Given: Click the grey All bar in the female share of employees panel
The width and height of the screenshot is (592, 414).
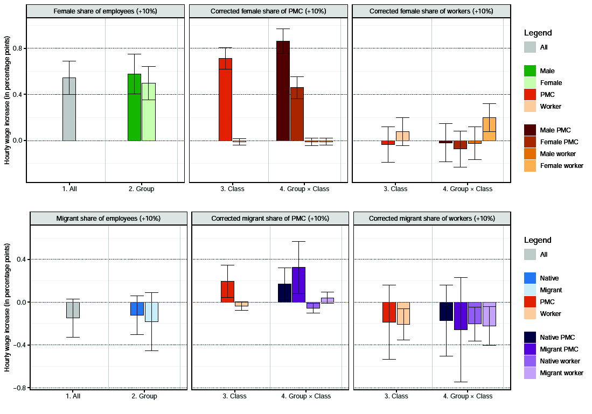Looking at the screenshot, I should tap(69, 109).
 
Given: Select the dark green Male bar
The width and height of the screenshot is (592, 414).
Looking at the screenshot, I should tap(134, 107).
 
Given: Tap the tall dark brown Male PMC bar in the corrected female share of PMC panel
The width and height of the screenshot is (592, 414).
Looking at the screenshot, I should tap(283, 91).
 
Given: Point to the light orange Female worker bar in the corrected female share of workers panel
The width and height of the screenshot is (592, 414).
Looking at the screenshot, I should tap(489, 129).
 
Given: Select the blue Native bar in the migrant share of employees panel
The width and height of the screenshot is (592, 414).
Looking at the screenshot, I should tap(137, 308).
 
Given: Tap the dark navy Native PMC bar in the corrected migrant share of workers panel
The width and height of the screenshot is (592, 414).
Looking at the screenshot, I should tap(445, 311).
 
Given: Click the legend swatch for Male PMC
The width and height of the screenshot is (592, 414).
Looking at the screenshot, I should tap(531, 130).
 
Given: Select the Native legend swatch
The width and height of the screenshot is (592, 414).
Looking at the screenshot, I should tap(531, 278).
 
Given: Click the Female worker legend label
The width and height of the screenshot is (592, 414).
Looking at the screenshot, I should tap(561, 166).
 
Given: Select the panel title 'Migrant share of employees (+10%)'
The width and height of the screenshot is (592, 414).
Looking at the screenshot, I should tap(108, 219).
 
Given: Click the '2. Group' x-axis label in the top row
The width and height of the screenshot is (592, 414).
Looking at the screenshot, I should tap(141, 189).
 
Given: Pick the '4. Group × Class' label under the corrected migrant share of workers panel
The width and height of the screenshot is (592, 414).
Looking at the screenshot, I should tap(467, 396).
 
